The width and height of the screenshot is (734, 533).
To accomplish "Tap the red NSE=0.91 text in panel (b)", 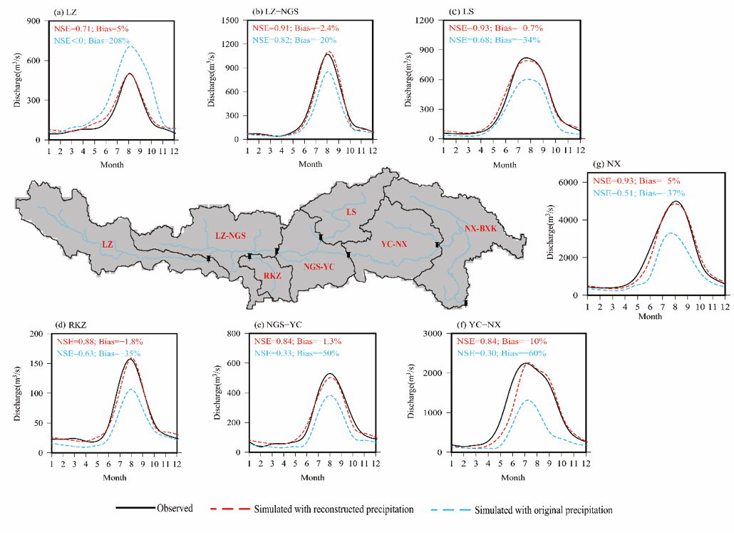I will [x=269, y=28].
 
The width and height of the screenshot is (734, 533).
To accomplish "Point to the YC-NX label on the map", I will [x=393, y=244].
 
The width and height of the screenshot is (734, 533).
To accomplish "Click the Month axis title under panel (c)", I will [x=505, y=165].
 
